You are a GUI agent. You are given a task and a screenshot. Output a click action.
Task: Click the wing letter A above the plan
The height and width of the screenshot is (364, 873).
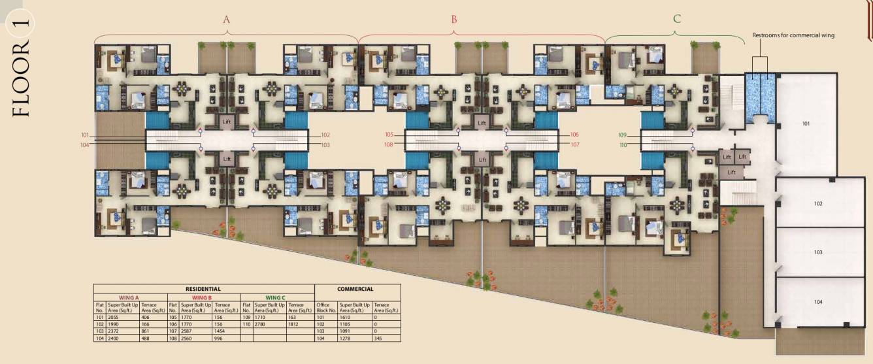pyautogui.click(x=227, y=20)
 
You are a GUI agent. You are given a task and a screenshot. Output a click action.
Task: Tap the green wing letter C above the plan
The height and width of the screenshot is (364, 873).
pyautogui.click(x=677, y=19)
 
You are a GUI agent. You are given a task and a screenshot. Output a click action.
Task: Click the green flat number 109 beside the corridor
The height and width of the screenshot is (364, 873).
pyautogui.click(x=622, y=135)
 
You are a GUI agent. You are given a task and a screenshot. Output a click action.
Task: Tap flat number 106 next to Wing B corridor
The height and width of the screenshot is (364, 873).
pyautogui.click(x=574, y=135)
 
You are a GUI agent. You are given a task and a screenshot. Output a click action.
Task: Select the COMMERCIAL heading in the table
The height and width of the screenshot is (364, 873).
pyautogui.click(x=355, y=289)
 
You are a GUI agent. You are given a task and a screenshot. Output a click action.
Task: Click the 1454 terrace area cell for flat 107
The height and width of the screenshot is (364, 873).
pyautogui.click(x=222, y=331)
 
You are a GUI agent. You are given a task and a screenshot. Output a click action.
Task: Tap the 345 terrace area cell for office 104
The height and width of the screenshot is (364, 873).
pyautogui.click(x=378, y=339)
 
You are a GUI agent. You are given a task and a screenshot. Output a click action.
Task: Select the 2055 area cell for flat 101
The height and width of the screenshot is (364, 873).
pyautogui.click(x=115, y=317)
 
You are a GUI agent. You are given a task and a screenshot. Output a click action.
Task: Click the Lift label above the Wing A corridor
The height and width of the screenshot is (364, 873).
pyautogui.click(x=227, y=122)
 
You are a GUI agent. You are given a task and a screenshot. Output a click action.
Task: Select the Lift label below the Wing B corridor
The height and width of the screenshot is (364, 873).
pyautogui.click(x=482, y=159)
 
